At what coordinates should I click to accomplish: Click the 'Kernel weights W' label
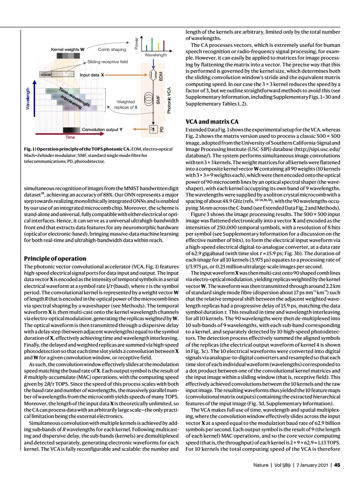(x=67, y=49)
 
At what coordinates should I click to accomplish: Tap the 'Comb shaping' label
(x=112, y=49)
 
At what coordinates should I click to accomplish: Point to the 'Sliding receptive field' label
(x=107, y=61)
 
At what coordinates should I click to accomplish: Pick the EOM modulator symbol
(x=153, y=74)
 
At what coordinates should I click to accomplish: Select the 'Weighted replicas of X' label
(x=126, y=105)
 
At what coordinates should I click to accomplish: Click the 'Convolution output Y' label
(x=102, y=129)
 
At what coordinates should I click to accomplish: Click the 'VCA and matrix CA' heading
(x=212, y=122)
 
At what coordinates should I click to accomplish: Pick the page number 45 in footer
(x=337, y=465)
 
